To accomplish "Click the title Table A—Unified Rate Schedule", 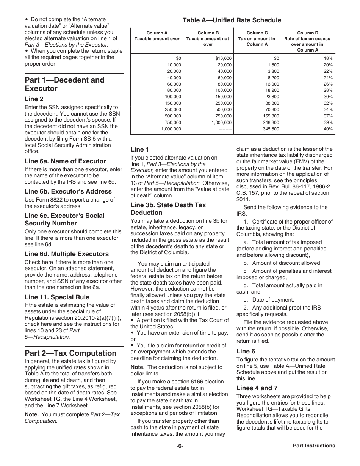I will tap(232, 20).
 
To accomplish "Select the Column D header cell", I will tap(307, 41).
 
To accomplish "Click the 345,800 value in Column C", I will tap(271, 129).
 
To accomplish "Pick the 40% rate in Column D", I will tap(328, 129).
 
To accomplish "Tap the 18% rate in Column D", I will tap(328, 58).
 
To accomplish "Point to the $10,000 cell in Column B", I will tap(223, 58).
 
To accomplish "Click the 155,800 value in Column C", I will tap(271, 116).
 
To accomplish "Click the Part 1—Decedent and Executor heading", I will tap(64, 84).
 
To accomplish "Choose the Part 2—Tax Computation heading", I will tap(70, 353).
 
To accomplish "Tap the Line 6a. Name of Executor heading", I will tap(65, 161).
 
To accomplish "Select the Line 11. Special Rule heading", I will tap(57, 297).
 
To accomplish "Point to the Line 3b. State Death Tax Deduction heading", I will tap(168, 209).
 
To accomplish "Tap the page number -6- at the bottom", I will tap(180, 446).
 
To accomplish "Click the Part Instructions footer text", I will tap(314, 446).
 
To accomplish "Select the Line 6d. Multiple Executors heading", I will tap(67, 254).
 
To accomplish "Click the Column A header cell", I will tap(157, 36).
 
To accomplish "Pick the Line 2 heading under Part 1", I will tap(34, 99).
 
